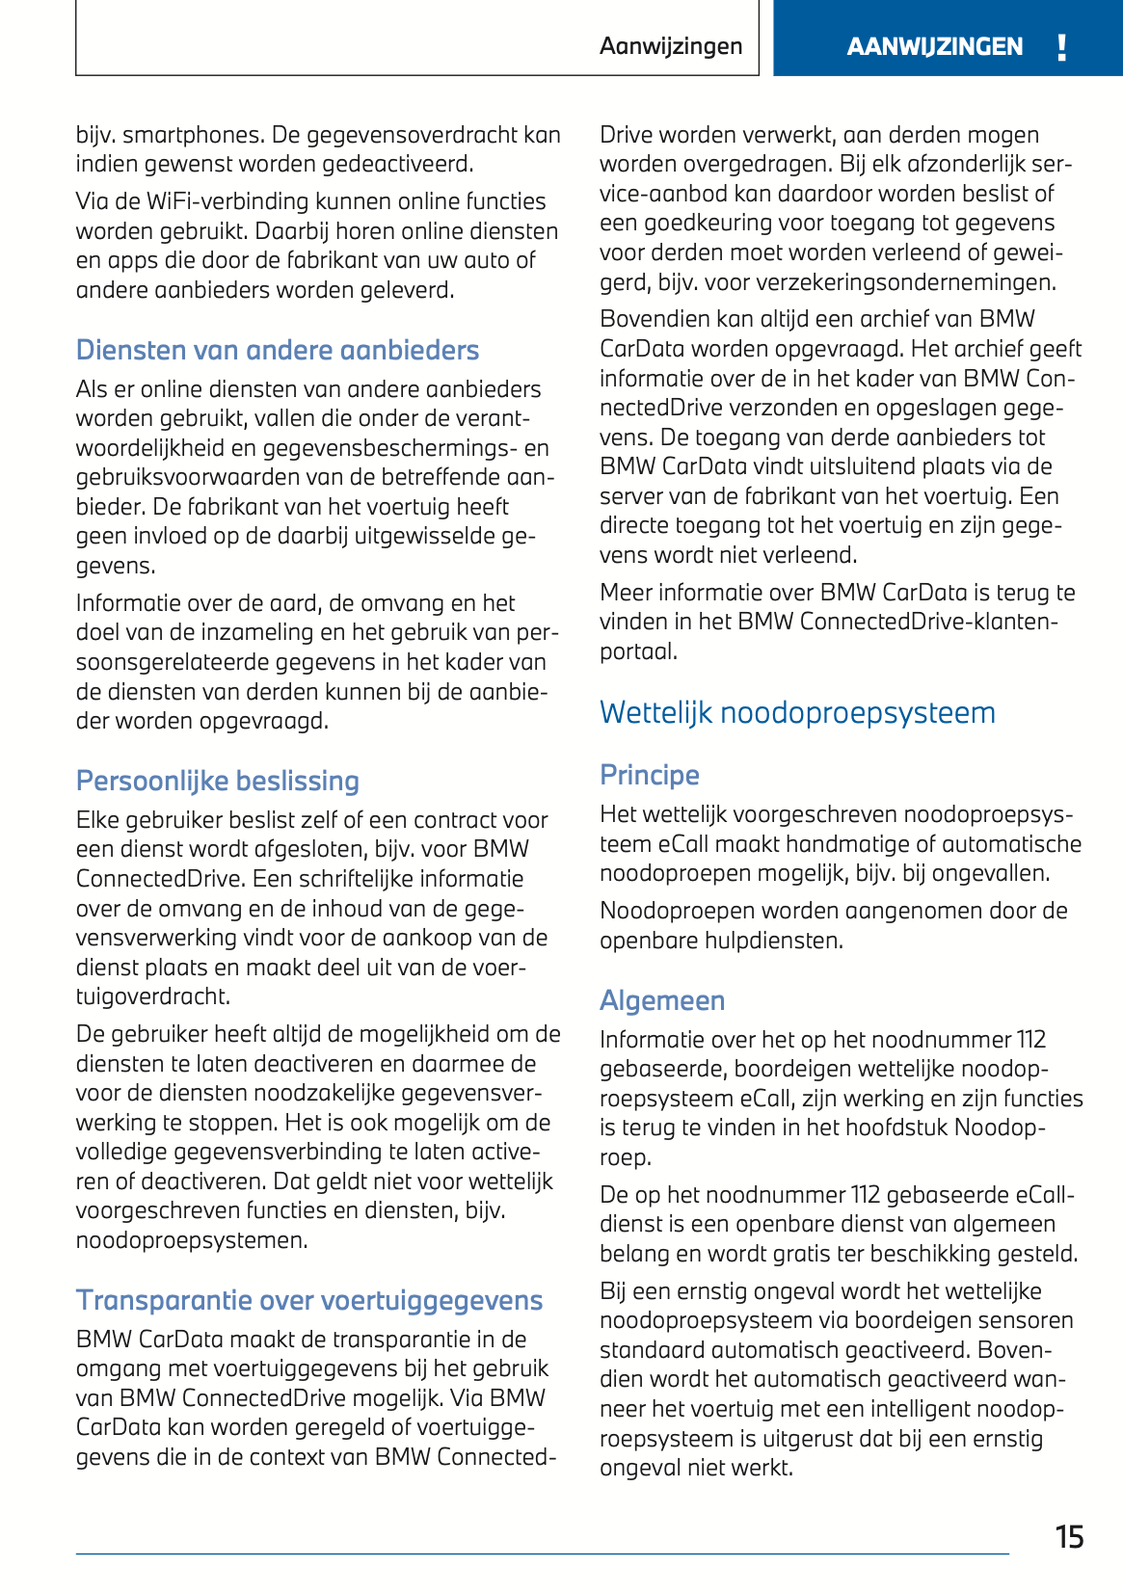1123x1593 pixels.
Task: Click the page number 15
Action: (1069, 1536)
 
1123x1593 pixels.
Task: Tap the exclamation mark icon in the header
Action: (1061, 47)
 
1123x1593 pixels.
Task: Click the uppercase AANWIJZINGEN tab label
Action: (934, 47)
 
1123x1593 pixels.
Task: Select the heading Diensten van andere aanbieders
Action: (278, 350)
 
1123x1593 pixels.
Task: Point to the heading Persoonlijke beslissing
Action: (218, 781)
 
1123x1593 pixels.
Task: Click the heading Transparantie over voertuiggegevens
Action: (309, 1300)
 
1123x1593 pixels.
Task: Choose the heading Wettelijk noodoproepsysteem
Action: (797, 712)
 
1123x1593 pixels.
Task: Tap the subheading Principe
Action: (649, 775)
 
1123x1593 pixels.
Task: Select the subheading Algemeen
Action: (662, 1000)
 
